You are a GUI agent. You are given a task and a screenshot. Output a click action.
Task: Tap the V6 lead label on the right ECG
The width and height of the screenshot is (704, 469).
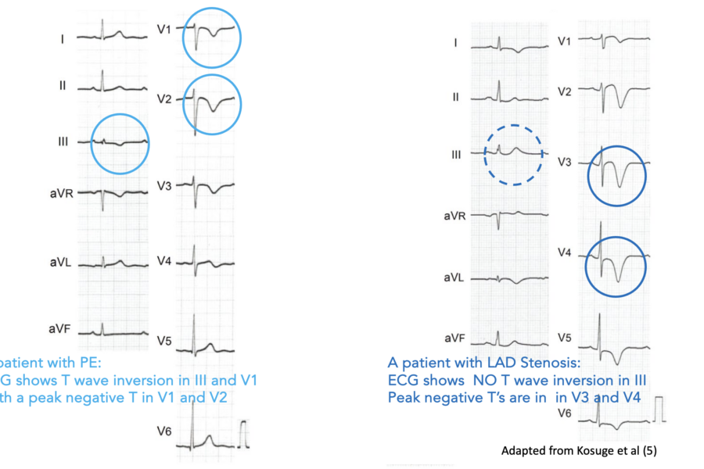pyautogui.click(x=565, y=412)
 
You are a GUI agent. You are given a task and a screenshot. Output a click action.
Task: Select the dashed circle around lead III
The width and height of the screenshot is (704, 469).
pyautogui.click(x=513, y=154)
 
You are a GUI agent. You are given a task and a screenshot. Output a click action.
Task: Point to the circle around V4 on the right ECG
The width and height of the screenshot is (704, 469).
pyautogui.click(x=616, y=265)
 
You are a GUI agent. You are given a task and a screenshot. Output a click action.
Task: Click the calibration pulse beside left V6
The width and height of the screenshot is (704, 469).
pyautogui.click(x=246, y=431)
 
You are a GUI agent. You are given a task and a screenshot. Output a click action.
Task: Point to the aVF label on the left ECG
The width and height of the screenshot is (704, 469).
pyautogui.click(x=64, y=330)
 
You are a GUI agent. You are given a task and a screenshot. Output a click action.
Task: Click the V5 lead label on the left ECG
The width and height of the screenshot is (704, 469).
pyautogui.click(x=165, y=341)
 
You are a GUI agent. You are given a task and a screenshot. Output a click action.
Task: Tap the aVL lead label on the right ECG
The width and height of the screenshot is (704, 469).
pyautogui.click(x=455, y=277)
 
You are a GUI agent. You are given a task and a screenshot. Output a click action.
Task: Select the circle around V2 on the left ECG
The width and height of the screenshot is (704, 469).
pyautogui.click(x=212, y=105)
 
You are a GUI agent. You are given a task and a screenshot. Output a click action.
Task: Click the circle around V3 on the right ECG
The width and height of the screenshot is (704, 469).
pyautogui.click(x=616, y=176)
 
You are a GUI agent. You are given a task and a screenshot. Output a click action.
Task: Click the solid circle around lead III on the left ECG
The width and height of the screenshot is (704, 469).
pyautogui.click(x=120, y=143)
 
